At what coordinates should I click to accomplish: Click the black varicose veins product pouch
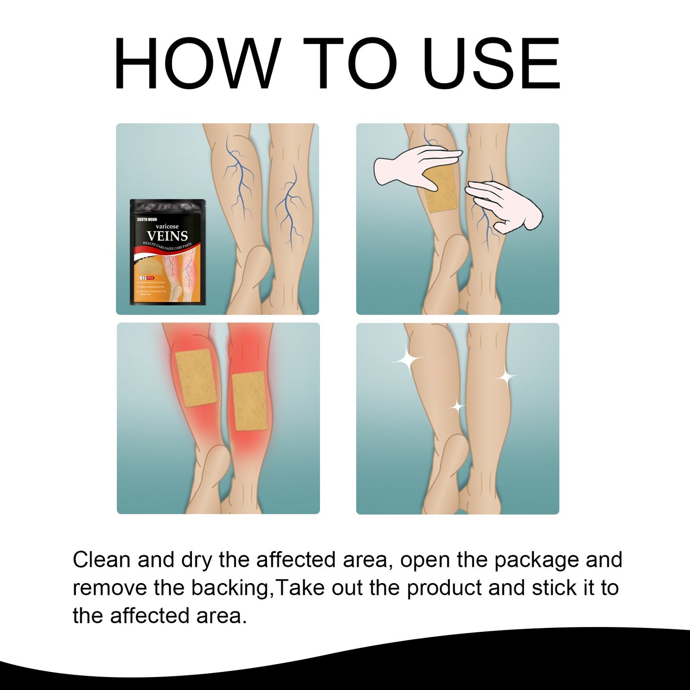pos(168,252)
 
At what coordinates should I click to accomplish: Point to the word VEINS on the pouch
pos(167,236)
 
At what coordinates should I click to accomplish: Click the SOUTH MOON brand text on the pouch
pos(147,220)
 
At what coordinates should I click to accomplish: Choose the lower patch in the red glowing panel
pos(249,401)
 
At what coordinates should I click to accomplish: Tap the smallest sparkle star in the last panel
pos(457,407)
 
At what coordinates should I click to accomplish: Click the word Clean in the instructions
pos(102,560)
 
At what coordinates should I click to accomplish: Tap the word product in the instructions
pos(444,588)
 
